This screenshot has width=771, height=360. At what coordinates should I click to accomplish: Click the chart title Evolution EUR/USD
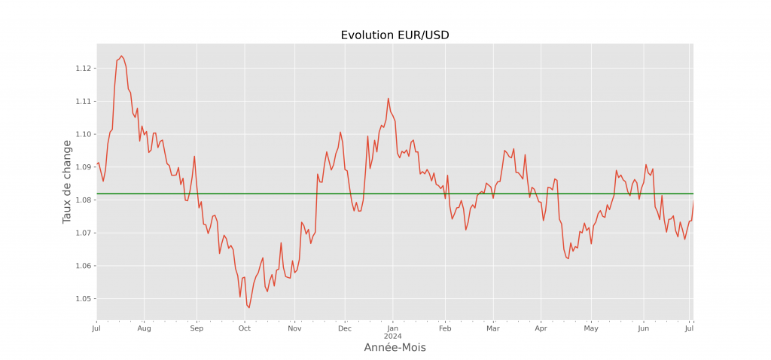[395, 35]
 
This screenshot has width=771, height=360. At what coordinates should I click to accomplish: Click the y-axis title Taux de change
[67, 182]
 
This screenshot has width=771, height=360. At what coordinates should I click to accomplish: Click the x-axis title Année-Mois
[395, 347]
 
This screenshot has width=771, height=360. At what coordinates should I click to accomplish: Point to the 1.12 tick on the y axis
[84, 69]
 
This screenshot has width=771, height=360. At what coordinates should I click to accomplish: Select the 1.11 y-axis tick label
[84, 102]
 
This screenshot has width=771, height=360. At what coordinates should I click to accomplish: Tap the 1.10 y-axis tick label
[84, 134]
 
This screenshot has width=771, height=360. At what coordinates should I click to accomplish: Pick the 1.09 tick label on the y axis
[84, 167]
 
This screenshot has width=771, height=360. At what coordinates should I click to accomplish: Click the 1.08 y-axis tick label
[84, 200]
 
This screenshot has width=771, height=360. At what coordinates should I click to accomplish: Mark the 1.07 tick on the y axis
[84, 233]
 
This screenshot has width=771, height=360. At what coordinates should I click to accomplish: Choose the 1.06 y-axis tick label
[84, 266]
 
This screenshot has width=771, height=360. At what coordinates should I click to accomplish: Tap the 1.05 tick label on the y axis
[84, 299]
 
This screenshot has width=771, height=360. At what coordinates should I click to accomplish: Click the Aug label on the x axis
[145, 328]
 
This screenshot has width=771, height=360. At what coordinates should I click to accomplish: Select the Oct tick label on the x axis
[244, 328]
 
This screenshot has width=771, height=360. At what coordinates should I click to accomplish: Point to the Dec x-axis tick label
[344, 328]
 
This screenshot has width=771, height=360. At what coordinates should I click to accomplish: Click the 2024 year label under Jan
[392, 336]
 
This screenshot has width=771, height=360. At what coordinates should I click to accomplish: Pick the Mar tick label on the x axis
[493, 328]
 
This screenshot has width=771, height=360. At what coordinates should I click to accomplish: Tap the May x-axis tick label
[591, 328]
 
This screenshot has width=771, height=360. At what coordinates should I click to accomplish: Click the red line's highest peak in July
[121, 56]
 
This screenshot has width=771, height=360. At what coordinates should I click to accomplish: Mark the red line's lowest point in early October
[249, 307]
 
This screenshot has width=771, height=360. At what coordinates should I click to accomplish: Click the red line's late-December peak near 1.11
[389, 99]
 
